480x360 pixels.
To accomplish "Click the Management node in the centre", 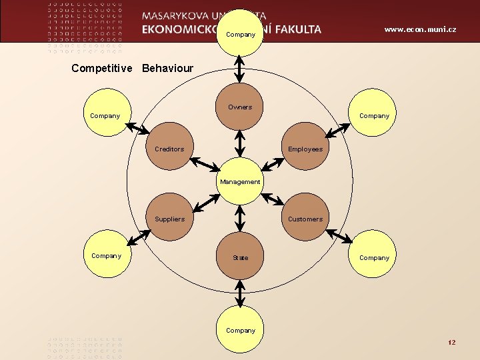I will point(240,181).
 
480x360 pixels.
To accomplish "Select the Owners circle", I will point(240,107).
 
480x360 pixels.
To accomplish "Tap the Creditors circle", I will point(169,147).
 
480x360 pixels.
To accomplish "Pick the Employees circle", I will point(305,147).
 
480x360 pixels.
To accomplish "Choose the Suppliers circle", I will point(169,218).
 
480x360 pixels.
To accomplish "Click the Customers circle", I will point(305,218).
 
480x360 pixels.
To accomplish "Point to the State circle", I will point(240,257).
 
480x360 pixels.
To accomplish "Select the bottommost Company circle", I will point(240,329).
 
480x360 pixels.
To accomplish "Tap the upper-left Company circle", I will point(105,115).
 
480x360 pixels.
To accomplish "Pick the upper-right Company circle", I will point(375,115).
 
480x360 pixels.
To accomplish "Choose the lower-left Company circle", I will point(106,255).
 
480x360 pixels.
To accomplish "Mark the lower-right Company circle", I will point(375,257).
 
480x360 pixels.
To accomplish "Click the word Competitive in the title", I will point(102,69).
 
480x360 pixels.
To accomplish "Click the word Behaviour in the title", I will point(167,69).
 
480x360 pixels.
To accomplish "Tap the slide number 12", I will point(452,342).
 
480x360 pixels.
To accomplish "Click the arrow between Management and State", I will point(240,219).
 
